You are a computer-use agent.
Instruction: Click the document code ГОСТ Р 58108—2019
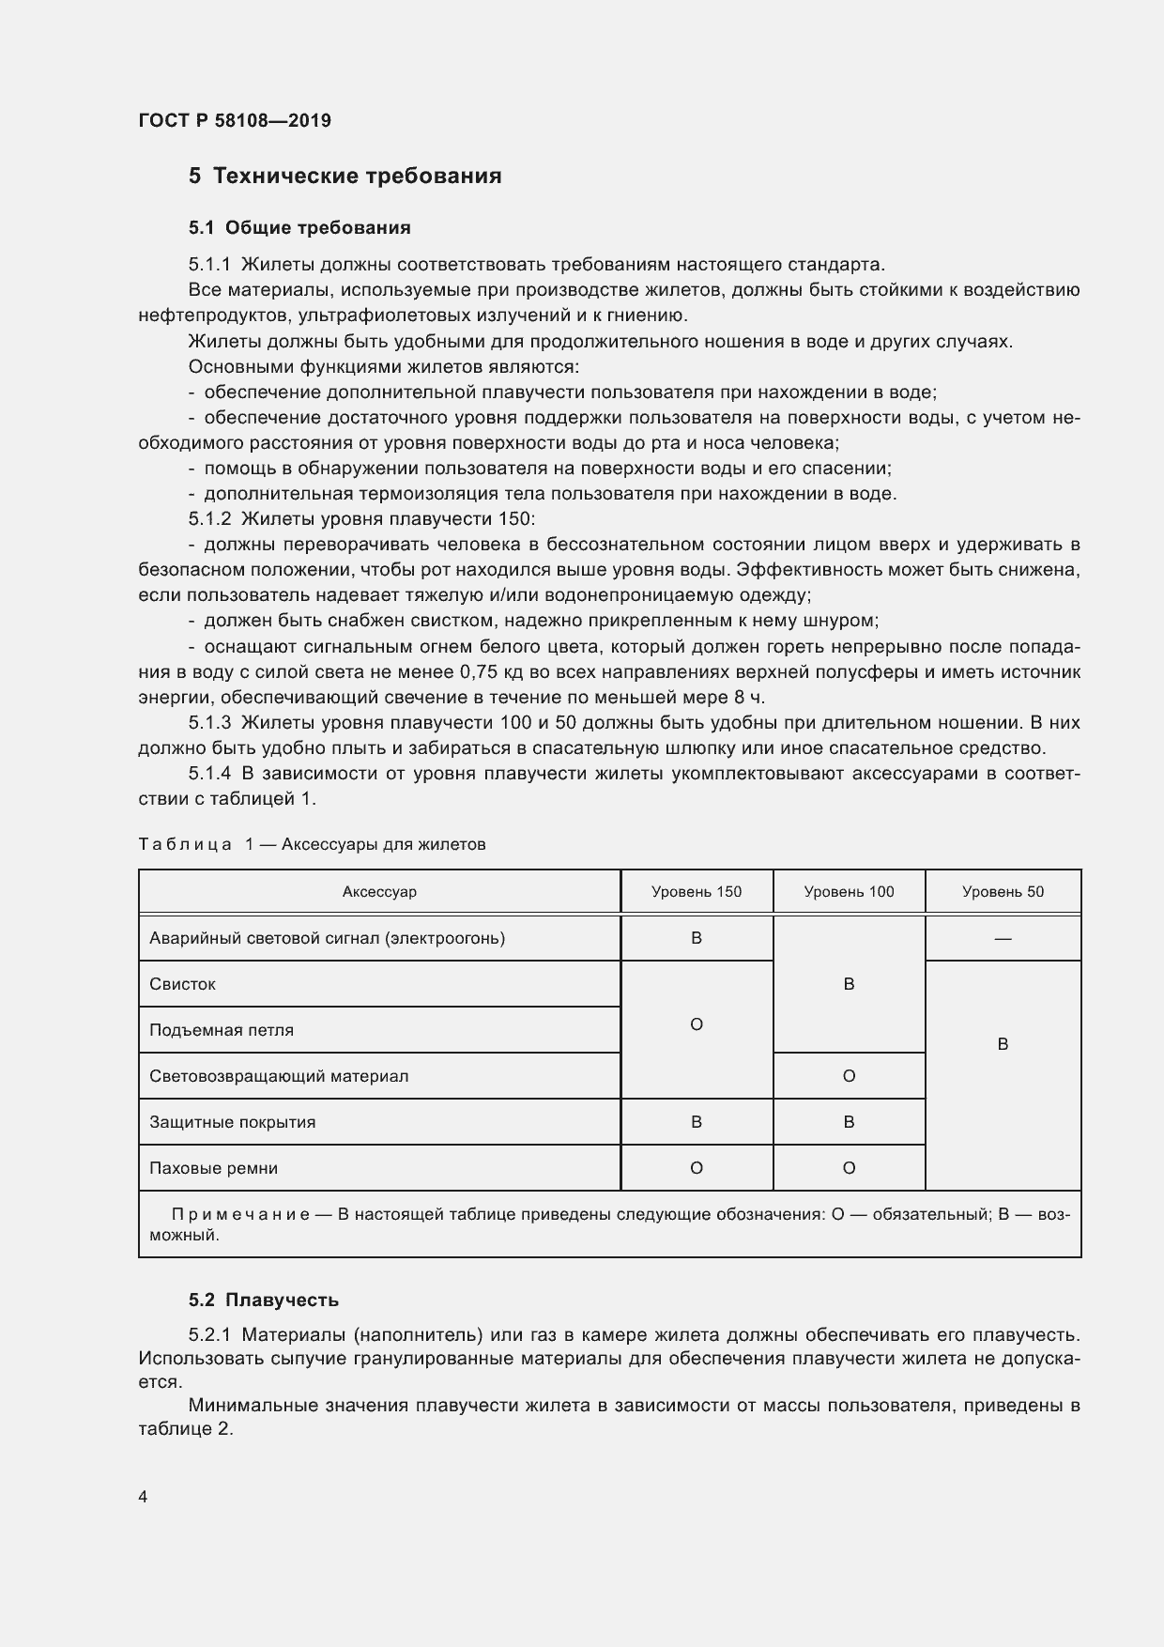point(235,120)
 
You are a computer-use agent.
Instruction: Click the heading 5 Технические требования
point(345,176)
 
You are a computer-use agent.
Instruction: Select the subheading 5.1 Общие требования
point(299,227)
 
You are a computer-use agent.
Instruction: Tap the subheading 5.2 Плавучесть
point(263,1300)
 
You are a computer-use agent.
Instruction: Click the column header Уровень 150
point(697,891)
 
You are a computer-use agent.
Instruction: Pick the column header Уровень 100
point(849,891)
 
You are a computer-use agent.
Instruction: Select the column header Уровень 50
point(1003,891)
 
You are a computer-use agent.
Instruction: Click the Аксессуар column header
point(379,891)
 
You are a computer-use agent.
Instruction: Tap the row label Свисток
point(183,984)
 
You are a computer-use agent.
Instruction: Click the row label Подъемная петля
point(222,1030)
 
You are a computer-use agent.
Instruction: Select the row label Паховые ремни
point(214,1168)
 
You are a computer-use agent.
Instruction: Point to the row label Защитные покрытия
point(232,1122)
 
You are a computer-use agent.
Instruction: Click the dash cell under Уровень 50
point(1003,938)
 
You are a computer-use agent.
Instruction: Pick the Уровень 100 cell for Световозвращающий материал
point(849,1076)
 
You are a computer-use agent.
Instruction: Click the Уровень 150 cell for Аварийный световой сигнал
point(697,938)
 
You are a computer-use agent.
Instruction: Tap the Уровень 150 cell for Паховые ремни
point(697,1168)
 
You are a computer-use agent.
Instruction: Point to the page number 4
point(143,1497)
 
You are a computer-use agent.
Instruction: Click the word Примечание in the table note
point(240,1214)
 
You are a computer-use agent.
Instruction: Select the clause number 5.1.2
point(209,518)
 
